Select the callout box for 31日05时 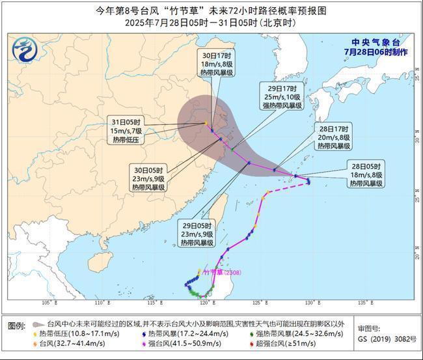pyautogui.click(x=128, y=130)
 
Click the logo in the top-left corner pyautogui.click(x=25, y=49)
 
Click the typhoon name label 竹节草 pyautogui.click(x=213, y=272)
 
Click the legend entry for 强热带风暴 pyautogui.click(x=283, y=333)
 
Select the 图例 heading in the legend pyautogui.click(x=16, y=325)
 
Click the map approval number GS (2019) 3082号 pyautogui.click(x=387, y=340)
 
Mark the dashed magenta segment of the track pyautogui.click(x=286, y=189)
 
